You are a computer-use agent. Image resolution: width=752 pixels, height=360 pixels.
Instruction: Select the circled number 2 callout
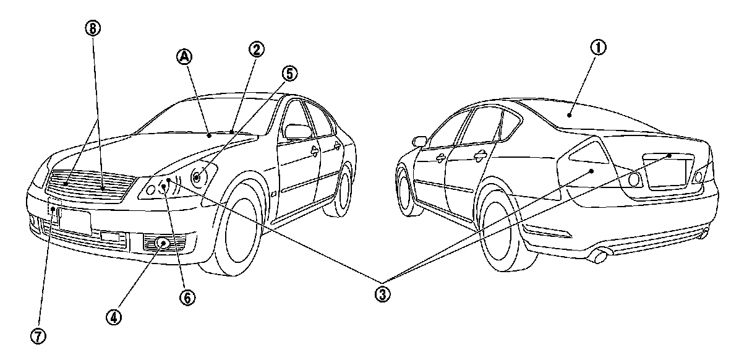tap(255, 48)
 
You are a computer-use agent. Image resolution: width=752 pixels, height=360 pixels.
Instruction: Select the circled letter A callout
tap(185, 57)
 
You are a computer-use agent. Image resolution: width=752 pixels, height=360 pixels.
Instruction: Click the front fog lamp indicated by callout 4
tap(164, 243)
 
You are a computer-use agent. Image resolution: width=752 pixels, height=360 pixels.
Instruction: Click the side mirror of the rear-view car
tap(420, 142)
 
